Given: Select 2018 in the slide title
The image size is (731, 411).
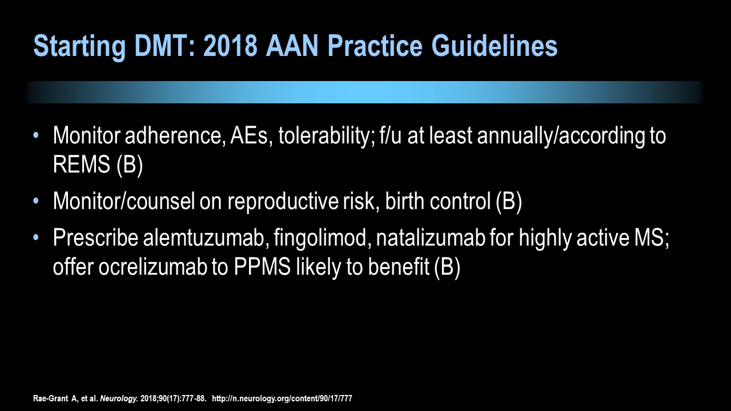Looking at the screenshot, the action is pos(230,46).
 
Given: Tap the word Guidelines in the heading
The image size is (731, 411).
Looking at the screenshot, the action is pos(495,46).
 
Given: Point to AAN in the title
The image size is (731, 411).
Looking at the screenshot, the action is pos(292,46).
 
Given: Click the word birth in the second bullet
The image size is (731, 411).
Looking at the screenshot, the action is pos(405,200).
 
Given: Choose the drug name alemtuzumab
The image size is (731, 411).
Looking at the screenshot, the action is pos(203,237).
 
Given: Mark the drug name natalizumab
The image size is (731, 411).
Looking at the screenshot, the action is pos(431,237).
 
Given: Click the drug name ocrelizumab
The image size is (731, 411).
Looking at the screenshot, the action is pos(152,267).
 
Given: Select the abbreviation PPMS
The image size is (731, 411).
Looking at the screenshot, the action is pos(262,267).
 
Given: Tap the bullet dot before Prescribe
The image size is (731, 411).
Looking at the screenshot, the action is pos(36,237).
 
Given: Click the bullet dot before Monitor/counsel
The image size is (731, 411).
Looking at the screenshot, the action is pos(36,200).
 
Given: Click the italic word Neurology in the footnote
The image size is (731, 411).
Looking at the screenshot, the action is pos(119,398).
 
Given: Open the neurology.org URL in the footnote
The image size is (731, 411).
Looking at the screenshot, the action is pos(282,398).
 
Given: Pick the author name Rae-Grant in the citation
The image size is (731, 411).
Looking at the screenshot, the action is pos(51,398).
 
